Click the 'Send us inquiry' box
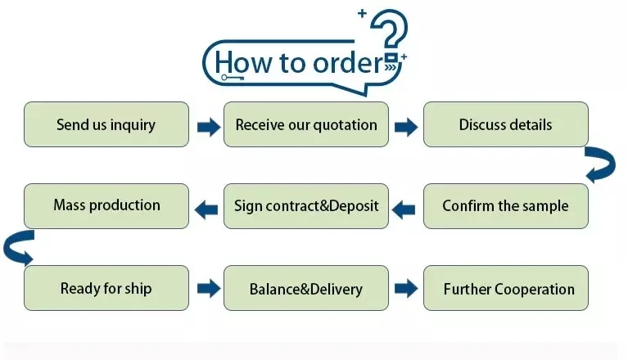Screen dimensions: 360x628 pyautogui.click(x=106, y=124)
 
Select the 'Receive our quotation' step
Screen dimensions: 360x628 pyautogui.click(x=306, y=124)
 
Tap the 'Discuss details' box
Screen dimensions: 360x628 pyautogui.click(x=505, y=124)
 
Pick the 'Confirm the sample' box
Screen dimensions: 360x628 pyautogui.click(x=505, y=205)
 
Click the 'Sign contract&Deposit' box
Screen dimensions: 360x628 pyautogui.click(x=306, y=205)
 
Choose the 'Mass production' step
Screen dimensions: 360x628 pyautogui.click(x=106, y=205)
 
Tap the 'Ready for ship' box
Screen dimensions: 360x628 pyautogui.click(x=106, y=288)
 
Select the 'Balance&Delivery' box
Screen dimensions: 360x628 pyautogui.click(x=306, y=288)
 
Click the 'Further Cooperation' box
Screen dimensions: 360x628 pyautogui.click(x=505, y=288)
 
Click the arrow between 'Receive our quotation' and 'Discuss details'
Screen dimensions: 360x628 pyautogui.click(x=406, y=126)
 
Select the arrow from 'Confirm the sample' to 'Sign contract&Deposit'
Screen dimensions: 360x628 pyautogui.click(x=404, y=209)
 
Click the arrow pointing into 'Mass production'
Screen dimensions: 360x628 pyautogui.click(x=206, y=209)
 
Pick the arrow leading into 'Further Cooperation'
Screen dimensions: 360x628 pyautogui.click(x=406, y=288)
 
